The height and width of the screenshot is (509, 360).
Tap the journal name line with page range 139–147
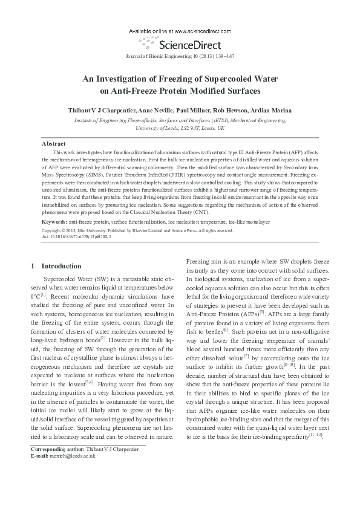[179, 55]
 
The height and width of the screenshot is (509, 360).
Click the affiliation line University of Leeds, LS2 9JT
[180, 128]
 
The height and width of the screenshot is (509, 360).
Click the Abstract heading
[53, 144]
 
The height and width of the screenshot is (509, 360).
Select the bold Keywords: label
[54, 222]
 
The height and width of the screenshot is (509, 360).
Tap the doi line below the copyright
[76, 236]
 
